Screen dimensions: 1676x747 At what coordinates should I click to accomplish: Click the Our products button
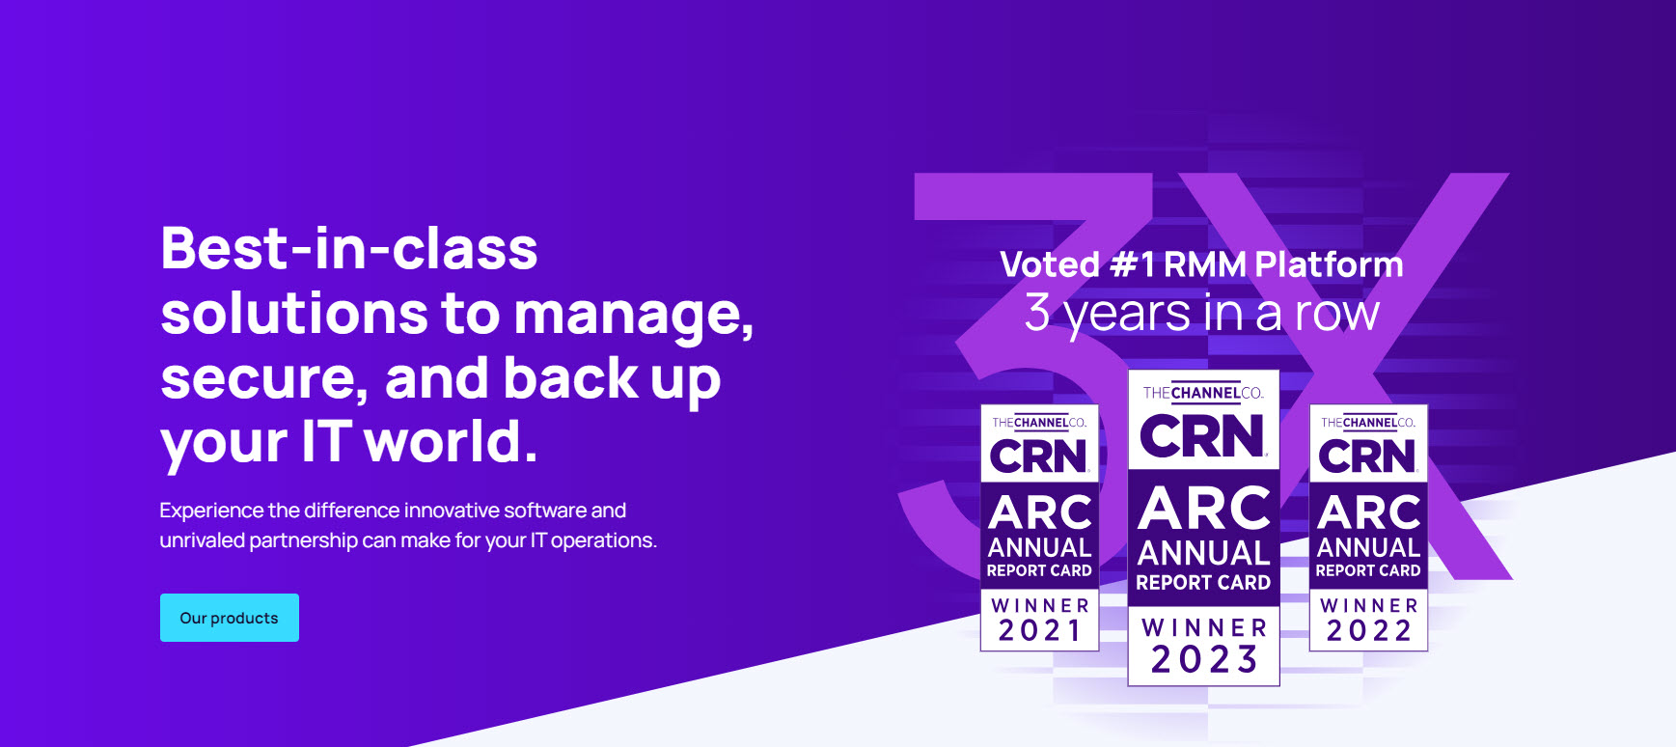(230, 618)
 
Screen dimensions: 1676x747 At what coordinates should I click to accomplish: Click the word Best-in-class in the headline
(349, 249)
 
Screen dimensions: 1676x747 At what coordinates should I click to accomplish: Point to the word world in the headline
(451, 442)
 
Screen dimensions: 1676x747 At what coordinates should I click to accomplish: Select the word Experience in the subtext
(211, 512)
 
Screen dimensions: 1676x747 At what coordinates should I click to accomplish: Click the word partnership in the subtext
(303, 540)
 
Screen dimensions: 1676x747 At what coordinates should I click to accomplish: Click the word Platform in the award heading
(1329, 264)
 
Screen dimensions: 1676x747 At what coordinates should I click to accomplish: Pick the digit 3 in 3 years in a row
(1037, 313)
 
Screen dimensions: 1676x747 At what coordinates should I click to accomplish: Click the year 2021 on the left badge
(1040, 631)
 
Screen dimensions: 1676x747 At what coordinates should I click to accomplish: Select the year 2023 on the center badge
(1204, 660)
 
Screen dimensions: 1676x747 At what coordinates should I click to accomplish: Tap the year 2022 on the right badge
(1368, 631)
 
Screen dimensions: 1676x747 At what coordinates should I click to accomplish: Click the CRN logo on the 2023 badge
(1203, 436)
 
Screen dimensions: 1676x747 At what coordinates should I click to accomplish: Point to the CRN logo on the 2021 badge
(1039, 456)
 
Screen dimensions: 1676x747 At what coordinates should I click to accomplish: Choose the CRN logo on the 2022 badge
(1368, 456)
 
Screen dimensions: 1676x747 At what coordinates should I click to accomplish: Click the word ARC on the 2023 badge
(1204, 509)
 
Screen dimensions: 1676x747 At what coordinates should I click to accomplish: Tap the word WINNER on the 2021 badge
(1040, 606)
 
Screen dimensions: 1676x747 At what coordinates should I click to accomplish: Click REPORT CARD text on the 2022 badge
(1368, 570)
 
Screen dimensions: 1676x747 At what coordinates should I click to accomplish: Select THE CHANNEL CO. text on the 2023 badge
(1203, 393)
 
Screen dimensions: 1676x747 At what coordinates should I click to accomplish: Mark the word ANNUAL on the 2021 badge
(1039, 547)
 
